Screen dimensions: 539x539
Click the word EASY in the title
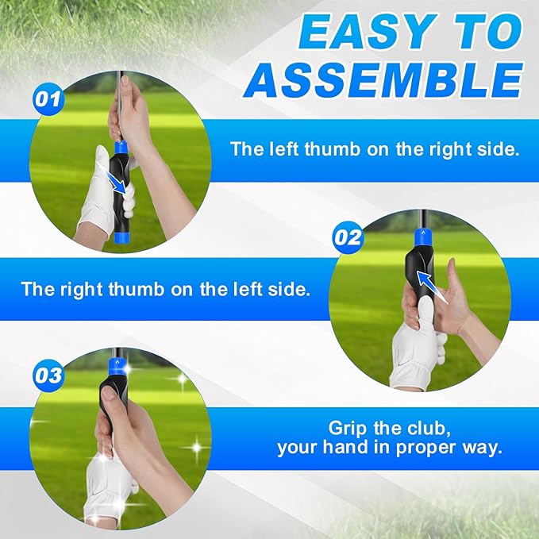(356, 34)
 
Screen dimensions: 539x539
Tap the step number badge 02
(348, 237)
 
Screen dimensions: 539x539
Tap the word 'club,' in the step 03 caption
(427, 428)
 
